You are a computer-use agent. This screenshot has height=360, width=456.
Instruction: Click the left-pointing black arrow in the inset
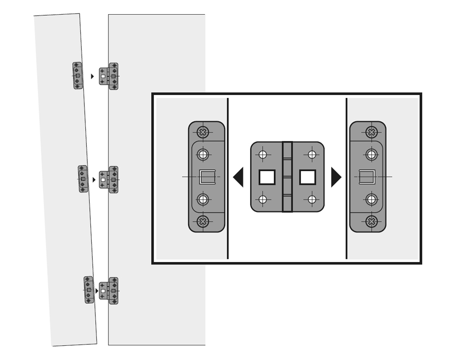tap(239, 177)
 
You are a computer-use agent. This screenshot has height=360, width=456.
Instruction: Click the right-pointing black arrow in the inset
tap(335, 177)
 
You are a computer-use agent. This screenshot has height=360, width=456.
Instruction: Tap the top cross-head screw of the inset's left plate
tap(203, 132)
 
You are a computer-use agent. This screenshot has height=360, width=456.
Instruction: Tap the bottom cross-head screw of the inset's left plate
tap(203, 221)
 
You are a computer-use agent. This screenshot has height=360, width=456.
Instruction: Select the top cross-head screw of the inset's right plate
tap(371, 132)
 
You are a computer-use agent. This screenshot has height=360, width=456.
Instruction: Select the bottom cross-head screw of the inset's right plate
tap(371, 221)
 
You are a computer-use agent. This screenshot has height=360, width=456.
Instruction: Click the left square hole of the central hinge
tap(267, 177)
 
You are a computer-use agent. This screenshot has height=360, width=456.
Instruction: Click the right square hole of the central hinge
tap(307, 177)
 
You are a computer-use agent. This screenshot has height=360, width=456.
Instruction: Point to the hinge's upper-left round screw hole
tap(263, 155)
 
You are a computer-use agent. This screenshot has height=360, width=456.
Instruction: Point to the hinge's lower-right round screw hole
tap(312, 200)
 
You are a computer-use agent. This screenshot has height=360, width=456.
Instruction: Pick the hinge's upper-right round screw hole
tap(312, 155)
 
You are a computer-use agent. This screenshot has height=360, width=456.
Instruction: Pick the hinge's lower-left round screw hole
tap(263, 200)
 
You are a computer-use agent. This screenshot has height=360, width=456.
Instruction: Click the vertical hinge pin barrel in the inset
tap(288, 177)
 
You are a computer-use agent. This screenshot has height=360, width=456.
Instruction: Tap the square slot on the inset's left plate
tap(207, 177)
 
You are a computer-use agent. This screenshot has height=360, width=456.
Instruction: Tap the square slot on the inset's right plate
tap(367, 177)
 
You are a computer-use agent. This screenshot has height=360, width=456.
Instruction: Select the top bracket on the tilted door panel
tap(78, 76)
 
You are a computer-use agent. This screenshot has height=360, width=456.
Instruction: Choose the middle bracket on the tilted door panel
tap(83, 179)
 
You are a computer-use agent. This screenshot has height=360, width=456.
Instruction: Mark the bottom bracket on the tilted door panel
tap(89, 290)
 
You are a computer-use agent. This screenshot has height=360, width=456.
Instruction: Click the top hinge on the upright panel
tap(109, 76)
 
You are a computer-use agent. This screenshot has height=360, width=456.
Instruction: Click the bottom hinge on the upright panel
tap(109, 291)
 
